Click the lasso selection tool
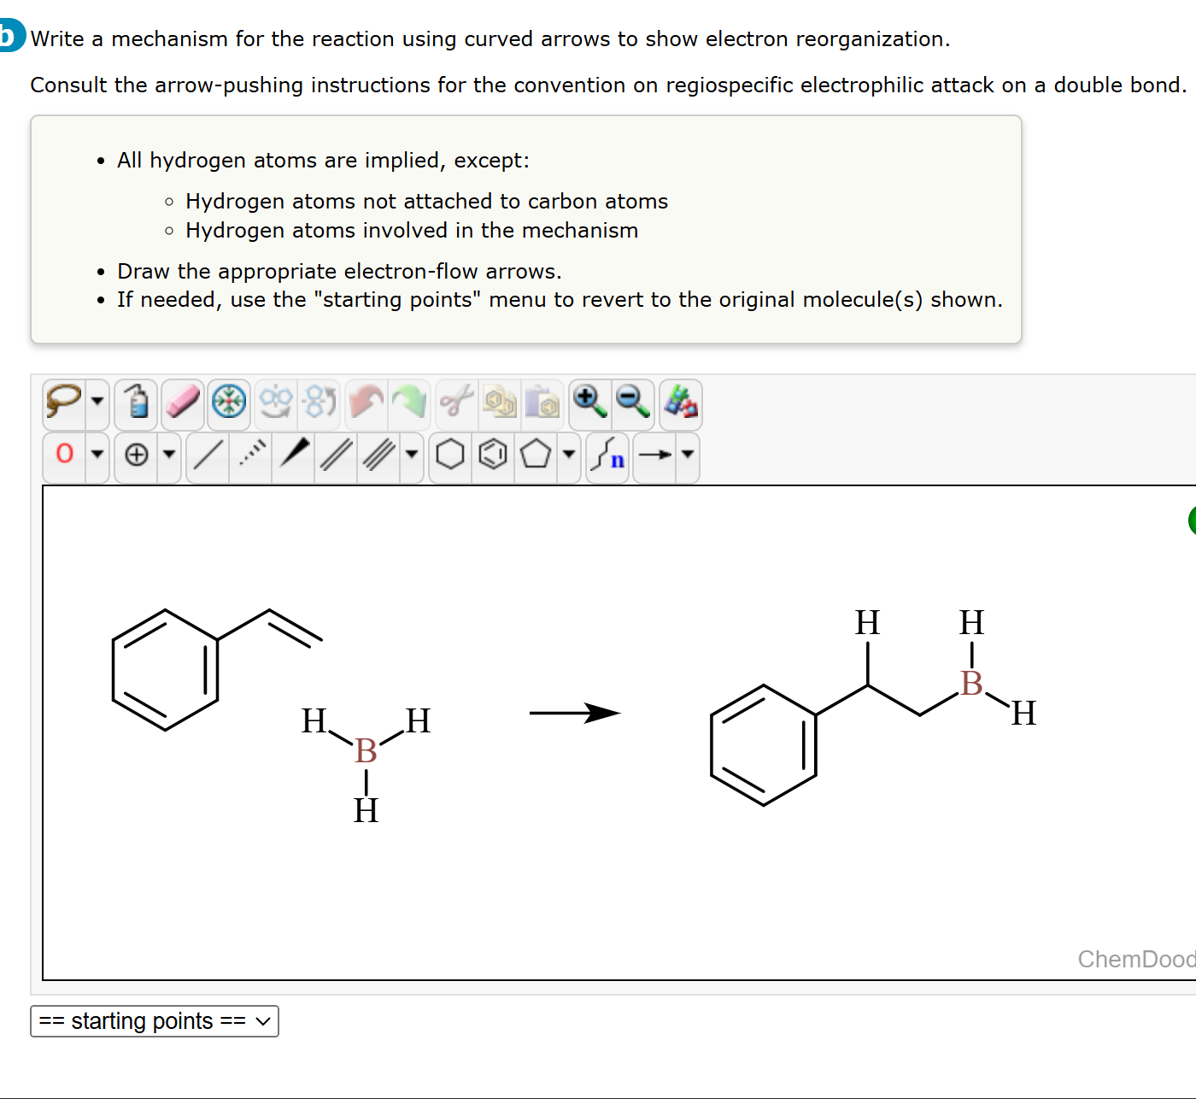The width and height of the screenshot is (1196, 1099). click(64, 401)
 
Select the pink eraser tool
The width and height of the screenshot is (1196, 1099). click(183, 401)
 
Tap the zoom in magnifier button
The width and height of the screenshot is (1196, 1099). click(589, 401)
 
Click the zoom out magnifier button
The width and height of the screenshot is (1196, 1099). click(633, 401)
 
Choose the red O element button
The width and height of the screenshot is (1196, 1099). click(65, 454)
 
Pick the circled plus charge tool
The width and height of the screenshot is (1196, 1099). click(137, 454)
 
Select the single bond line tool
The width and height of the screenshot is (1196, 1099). click(208, 454)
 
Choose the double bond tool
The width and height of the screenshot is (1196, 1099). click(336, 454)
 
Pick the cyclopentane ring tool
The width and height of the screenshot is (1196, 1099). click(536, 454)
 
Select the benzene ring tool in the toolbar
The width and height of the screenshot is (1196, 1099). click(493, 454)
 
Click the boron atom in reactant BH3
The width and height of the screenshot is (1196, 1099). click(366, 751)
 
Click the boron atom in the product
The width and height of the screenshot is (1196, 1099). click(971, 684)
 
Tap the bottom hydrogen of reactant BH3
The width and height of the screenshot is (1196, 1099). click(366, 810)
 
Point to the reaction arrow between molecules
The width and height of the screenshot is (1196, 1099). click(574, 713)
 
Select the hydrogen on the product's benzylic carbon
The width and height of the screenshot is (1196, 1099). click(867, 623)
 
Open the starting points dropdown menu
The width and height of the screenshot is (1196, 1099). click(155, 1021)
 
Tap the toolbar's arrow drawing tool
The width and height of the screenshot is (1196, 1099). click(655, 454)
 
